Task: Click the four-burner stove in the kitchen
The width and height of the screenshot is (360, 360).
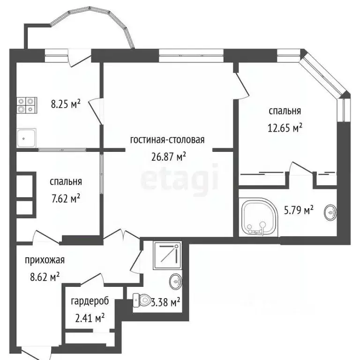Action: (x=27, y=104)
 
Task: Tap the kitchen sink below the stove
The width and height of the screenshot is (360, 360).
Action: (x=26, y=138)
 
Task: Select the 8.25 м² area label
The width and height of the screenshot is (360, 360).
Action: (x=65, y=103)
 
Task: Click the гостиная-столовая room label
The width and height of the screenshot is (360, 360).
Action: (x=167, y=140)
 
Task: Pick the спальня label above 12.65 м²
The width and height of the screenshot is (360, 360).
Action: (x=285, y=111)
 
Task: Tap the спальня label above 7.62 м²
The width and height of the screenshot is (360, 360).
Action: (x=66, y=181)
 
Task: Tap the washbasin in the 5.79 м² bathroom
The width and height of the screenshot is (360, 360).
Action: (x=330, y=212)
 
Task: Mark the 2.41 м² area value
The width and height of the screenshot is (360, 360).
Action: (x=90, y=318)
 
